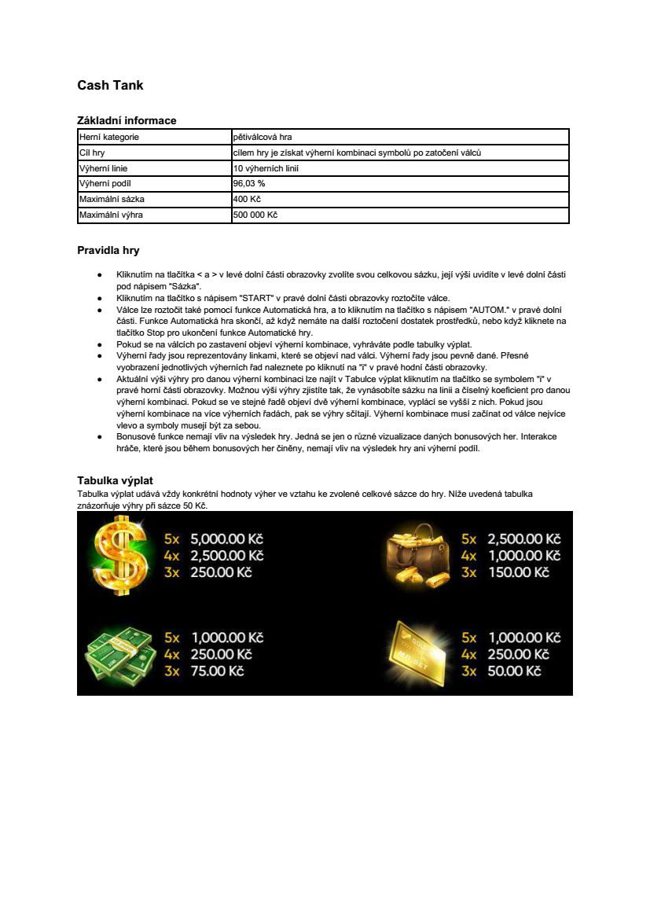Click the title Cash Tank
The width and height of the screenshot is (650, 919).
110,86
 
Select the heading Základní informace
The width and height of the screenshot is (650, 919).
127,120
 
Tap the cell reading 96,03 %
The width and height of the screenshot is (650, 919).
249,183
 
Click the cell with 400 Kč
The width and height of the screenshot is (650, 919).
247,199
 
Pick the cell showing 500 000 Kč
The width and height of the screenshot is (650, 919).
255,215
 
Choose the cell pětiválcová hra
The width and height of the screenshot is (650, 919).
263,138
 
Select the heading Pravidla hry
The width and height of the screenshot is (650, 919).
108,251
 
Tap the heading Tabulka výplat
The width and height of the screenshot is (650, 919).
115,480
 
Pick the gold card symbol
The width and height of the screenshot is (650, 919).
418,652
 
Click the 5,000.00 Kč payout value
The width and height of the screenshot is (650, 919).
226,539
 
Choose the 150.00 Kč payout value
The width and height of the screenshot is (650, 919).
518,572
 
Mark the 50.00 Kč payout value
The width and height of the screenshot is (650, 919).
514,671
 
